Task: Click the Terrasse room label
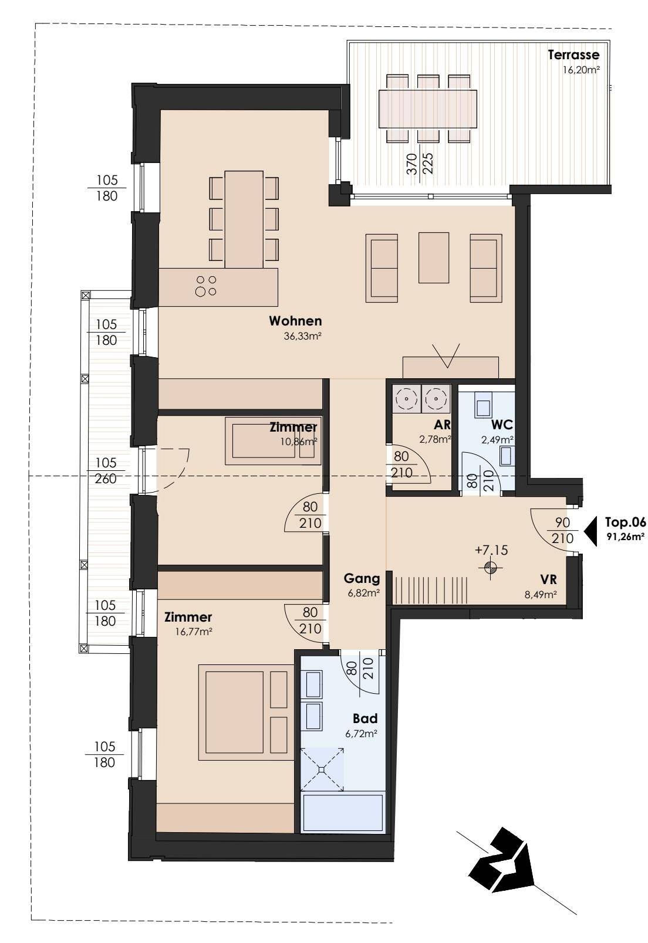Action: [573, 55]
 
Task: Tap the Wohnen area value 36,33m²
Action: [302, 336]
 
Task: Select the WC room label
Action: [502, 424]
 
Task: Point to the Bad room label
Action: [365, 718]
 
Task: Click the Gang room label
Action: [362, 579]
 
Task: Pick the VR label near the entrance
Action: [548, 579]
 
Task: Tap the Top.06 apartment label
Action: [625, 522]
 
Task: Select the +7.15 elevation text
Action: [491, 550]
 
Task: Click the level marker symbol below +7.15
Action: [491, 568]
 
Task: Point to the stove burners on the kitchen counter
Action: [205, 286]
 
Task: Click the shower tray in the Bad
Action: [322, 770]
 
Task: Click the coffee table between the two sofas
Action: [434, 257]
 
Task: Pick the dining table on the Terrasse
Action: [428, 109]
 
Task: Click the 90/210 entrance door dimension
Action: [563, 530]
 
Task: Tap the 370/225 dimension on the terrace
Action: [419, 164]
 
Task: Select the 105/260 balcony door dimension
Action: [105, 471]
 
